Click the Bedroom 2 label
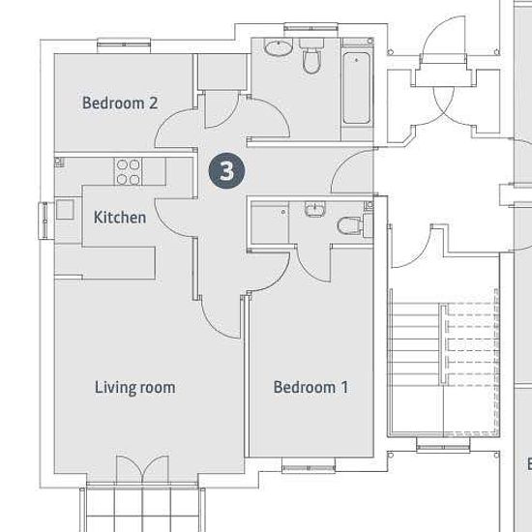120,103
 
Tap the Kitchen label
120,218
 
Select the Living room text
134,388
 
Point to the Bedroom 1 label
310,387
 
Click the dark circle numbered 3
226,170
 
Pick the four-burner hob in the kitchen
128,171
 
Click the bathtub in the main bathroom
356,88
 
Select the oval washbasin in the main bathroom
279,47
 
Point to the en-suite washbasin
315,209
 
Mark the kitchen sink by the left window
65,210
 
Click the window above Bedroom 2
124,45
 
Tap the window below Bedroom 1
309,465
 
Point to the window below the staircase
443,445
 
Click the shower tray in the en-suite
270,222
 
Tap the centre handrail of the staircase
443,345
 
